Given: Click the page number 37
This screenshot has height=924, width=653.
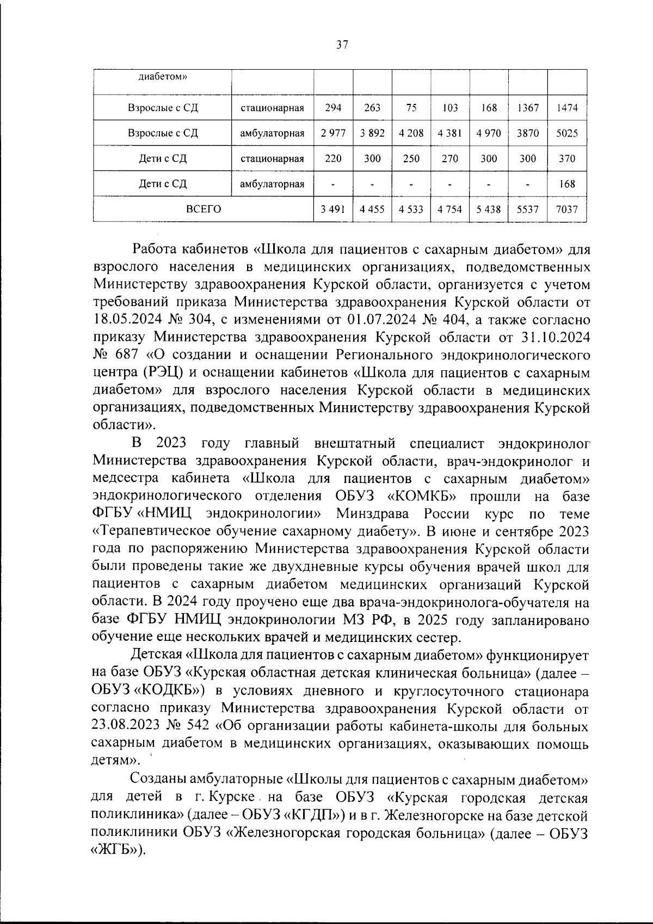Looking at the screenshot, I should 342,46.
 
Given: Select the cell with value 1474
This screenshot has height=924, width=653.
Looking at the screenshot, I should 567,108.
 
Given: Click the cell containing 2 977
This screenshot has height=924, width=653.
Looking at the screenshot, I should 333,133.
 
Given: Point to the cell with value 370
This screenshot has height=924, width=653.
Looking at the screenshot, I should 567,159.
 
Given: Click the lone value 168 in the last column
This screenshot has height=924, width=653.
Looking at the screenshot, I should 567,184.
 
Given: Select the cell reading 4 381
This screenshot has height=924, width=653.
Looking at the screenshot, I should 450,133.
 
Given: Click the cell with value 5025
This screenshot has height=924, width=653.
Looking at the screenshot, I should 567,133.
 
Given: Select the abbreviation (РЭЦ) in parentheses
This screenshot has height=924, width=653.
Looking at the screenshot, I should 162,373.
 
